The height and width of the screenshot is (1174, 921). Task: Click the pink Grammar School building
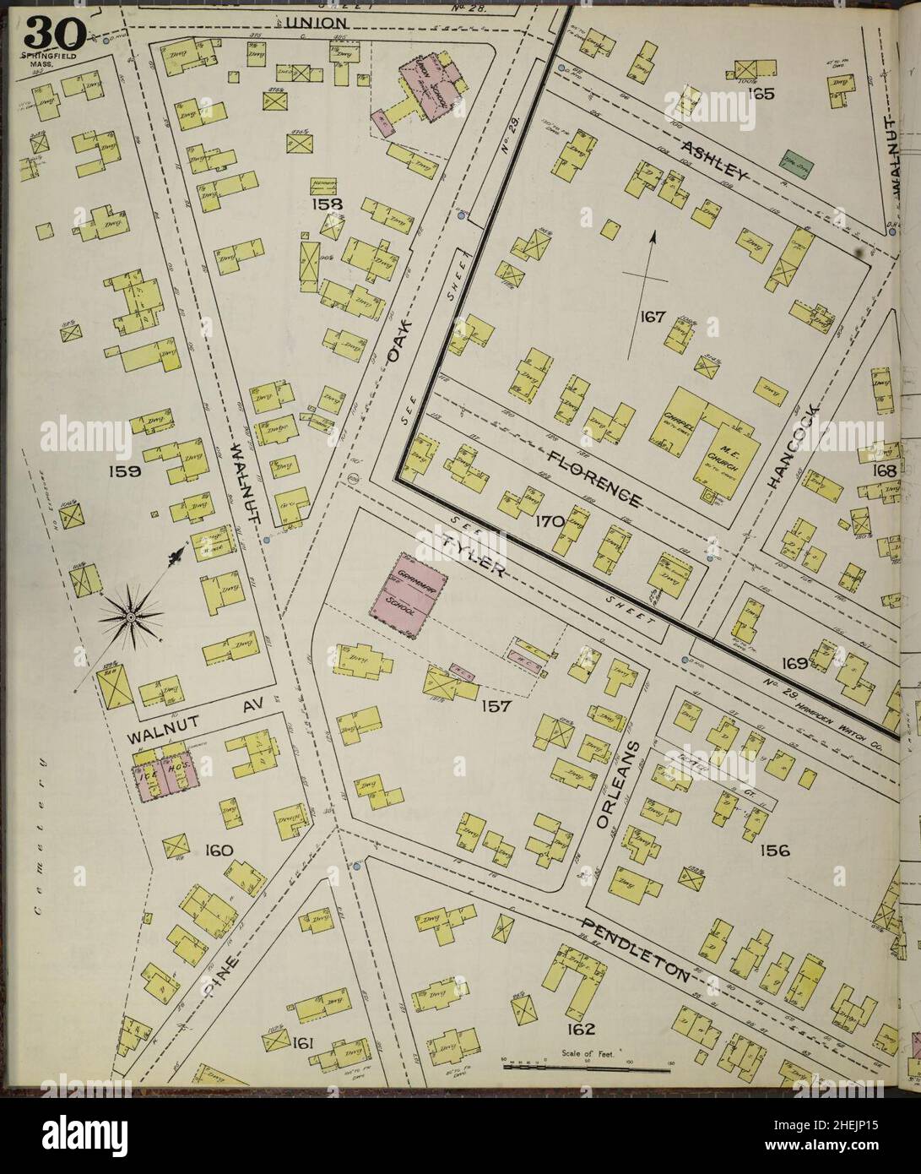click(403, 592)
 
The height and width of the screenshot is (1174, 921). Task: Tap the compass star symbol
click(131, 618)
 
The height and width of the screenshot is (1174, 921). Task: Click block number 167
click(653, 318)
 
